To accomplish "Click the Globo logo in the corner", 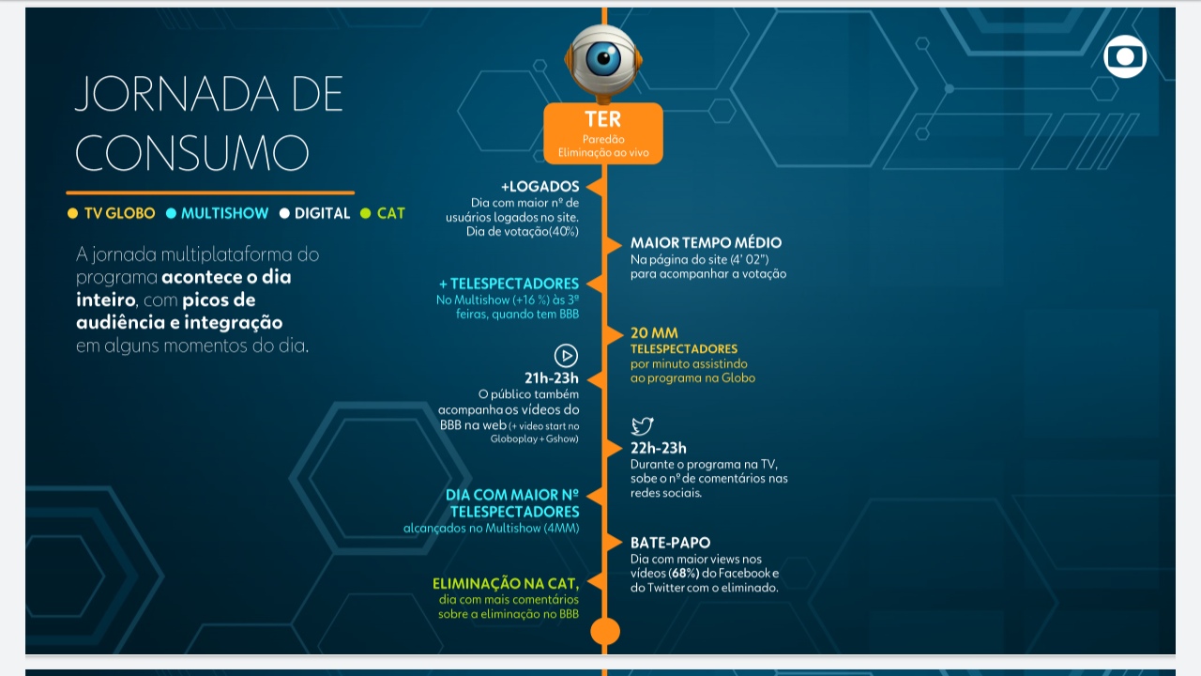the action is click(1125, 56).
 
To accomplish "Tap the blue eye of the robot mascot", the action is click(603, 57).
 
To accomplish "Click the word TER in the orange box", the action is click(602, 119).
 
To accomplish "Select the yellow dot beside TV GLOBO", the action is click(73, 213).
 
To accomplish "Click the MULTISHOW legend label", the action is click(224, 213).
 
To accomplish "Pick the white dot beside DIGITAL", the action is click(284, 213).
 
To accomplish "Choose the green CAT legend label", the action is click(391, 213).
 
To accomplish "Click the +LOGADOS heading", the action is click(540, 187).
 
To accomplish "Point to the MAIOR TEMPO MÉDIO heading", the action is click(706, 242).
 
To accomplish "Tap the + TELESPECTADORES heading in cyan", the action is click(509, 284).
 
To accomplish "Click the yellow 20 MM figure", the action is click(654, 332).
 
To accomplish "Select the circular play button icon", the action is click(566, 355).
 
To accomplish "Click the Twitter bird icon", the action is click(642, 426).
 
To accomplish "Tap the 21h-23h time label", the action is click(551, 378).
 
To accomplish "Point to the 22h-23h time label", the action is click(658, 448).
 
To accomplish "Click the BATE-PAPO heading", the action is click(670, 543).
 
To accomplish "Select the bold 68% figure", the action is click(684, 573).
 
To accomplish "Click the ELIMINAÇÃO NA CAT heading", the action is click(506, 584).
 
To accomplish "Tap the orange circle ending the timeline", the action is click(605, 631).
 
